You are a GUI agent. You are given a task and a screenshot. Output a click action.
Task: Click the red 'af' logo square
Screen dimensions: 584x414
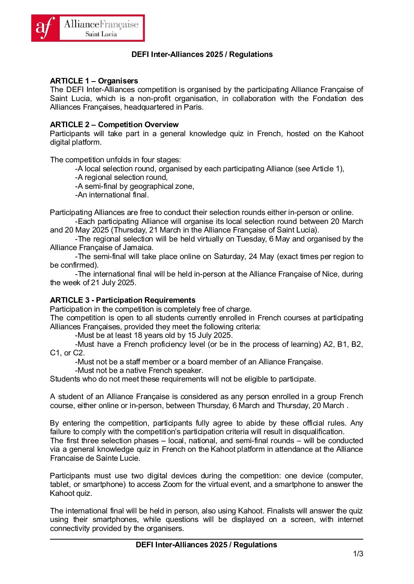coord(45,28)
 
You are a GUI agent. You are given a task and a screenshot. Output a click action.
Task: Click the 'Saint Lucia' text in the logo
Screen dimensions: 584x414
coord(101,34)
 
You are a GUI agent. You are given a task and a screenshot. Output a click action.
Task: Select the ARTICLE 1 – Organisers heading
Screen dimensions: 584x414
coord(94,81)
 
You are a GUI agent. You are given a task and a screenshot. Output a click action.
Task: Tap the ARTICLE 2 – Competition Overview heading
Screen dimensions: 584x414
coord(114,124)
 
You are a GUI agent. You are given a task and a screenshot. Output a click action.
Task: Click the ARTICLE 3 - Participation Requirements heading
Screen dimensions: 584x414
coord(123,300)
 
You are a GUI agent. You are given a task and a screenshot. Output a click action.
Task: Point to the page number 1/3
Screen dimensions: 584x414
coord(358,554)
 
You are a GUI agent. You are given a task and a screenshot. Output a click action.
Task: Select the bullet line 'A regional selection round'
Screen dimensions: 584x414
coord(121,178)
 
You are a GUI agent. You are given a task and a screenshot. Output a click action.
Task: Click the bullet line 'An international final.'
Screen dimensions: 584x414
coord(112,195)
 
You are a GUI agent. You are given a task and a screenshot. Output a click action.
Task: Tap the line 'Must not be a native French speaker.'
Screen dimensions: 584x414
coord(139,371)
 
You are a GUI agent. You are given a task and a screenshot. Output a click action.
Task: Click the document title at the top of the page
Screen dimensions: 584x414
coord(202,54)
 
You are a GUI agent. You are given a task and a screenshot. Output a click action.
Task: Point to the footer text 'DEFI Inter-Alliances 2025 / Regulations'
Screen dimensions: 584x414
coord(206,545)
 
